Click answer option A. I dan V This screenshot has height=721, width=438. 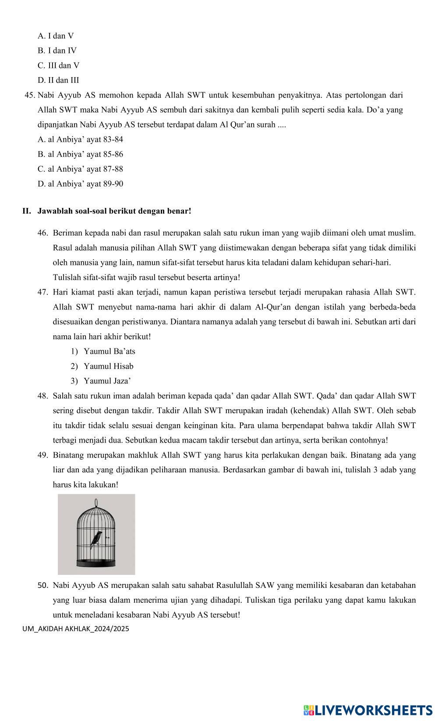pyautogui.click(x=56, y=36)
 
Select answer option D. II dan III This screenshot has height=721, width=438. pyautogui.click(x=58, y=80)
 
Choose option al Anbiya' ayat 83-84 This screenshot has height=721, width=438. pyautogui.click(x=80, y=140)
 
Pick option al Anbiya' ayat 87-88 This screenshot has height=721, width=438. pyautogui.click(x=80, y=169)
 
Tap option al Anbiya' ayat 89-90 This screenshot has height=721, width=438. pyautogui.click(x=80, y=184)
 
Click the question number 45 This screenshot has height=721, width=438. pyautogui.click(x=30, y=95)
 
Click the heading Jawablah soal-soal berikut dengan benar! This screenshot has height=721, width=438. pyautogui.click(x=114, y=211)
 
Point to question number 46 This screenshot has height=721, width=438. pyautogui.click(x=42, y=233)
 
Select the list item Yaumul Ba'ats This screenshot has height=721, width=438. pyautogui.click(x=109, y=352)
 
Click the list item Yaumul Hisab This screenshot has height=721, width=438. pyautogui.click(x=108, y=366)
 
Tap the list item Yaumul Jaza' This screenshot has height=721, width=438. pyautogui.click(x=107, y=381)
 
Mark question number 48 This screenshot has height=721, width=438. pyautogui.click(x=42, y=396)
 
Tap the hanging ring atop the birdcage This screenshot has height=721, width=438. pyautogui.click(x=96, y=502)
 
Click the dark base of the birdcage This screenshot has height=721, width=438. pyautogui.click(x=96, y=562)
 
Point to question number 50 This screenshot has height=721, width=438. pyautogui.click(x=42, y=585)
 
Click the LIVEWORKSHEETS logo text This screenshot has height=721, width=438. pyautogui.click(x=372, y=710)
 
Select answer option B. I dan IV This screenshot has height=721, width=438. pyautogui.click(x=57, y=51)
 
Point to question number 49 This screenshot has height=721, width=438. pyautogui.click(x=42, y=455)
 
